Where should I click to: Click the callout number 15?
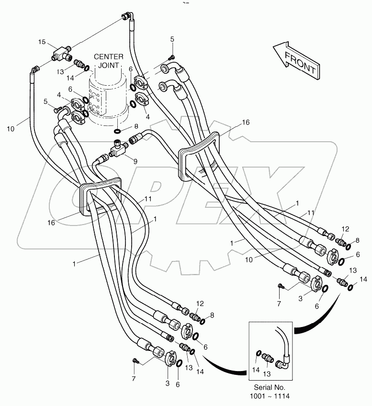[42, 43]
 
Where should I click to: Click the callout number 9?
[135, 161]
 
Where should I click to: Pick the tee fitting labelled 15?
[59, 52]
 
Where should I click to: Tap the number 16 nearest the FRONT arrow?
[246, 122]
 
